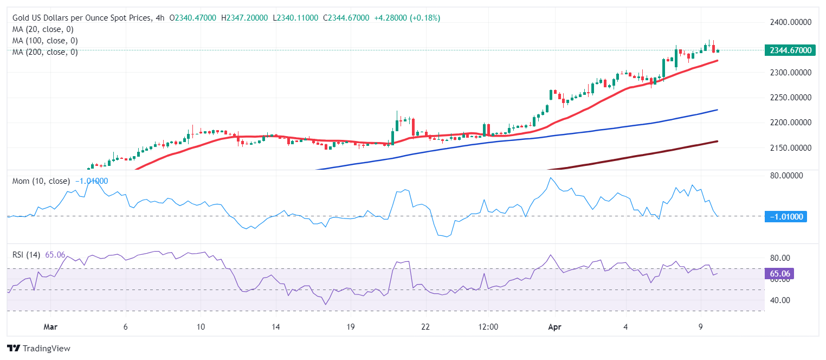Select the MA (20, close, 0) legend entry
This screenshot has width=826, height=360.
point(43,29)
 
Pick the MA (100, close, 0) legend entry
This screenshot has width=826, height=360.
point(45,41)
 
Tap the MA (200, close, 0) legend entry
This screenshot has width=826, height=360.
point(45,52)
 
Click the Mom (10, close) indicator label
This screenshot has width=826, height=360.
point(41,181)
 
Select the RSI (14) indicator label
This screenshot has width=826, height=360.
point(27,255)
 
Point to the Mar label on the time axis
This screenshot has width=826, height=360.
point(50,327)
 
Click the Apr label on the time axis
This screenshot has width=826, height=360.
point(554,327)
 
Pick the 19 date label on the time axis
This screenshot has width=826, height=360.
point(350,327)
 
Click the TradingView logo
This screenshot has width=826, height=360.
point(38,348)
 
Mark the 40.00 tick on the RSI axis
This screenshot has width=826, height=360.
point(781,300)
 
